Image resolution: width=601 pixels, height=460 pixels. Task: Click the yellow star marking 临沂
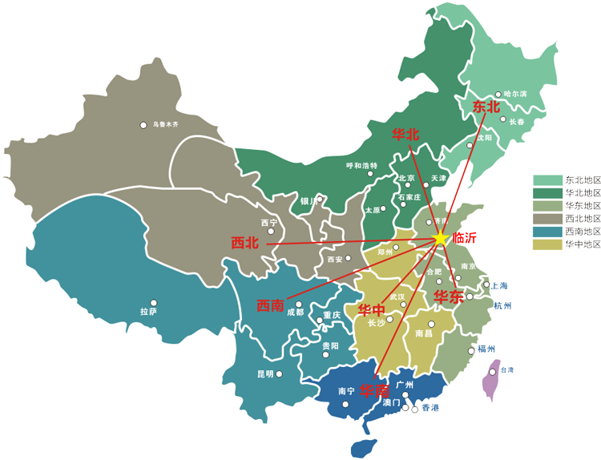click(x=441, y=238)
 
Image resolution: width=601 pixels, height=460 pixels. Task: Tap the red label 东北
click(x=486, y=107)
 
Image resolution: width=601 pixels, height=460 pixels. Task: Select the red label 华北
click(x=405, y=135)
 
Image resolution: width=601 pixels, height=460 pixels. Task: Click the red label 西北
click(x=244, y=243)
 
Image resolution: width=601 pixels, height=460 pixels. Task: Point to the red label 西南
click(x=270, y=305)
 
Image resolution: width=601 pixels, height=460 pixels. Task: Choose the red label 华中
click(x=371, y=310)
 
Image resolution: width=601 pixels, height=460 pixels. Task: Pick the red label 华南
click(x=373, y=391)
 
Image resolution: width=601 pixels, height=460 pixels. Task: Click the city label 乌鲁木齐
click(x=166, y=125)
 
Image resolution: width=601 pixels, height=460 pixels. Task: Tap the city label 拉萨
click(x=148, y=312)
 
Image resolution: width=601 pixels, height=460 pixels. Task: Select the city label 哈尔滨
click(x=516, y=94)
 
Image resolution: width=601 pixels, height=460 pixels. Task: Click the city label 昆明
click(x=264, y=373)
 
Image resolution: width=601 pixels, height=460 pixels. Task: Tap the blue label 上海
click(x=499, y=285)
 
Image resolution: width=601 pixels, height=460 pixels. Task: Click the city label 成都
click(x=295, y=313)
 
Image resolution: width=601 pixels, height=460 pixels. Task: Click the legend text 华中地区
click(x=583, y=244)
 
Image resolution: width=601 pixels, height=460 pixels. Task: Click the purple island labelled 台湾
click(x=490, y=379)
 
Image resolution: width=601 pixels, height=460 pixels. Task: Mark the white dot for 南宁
click(x=345, y=404)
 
